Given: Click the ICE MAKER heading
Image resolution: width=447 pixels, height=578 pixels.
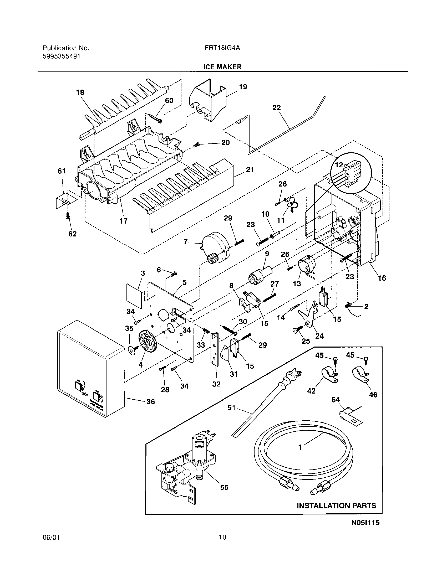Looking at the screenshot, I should click(x=222, y=67).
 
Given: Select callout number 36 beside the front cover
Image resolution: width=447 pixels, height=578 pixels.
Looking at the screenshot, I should click(x=150, y=401).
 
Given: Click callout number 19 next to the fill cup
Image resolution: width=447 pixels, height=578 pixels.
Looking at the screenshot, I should click(x=243, y=87).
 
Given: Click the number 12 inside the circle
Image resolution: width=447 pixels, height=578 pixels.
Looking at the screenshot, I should click(x=339, y=165).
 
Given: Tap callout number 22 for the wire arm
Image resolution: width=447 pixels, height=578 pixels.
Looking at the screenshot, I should click(x=276, y=108).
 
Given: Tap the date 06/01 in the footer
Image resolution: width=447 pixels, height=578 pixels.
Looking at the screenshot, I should click(x=51, y=537).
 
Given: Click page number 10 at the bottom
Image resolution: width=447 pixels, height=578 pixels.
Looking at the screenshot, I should click(x=222, y=537).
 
